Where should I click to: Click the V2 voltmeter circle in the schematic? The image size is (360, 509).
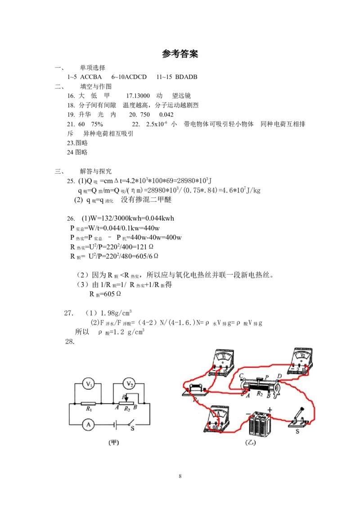click(130, 384)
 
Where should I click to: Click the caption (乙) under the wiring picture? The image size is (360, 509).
click(250, 442)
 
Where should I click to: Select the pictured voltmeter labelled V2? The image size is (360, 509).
click(303, 359)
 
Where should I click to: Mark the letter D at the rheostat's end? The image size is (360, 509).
click(279, 375)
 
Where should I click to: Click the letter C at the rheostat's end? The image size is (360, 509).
click(242, 375)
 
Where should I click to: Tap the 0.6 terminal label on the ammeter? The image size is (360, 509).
click(216, 428)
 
